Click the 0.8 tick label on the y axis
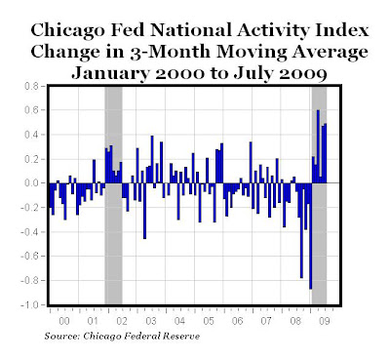[31, 87]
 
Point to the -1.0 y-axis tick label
[29, 305]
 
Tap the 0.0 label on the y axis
[31, 183]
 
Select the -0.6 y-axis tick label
[29, 257]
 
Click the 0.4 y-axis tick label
[31, 135]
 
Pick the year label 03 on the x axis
[151, 321]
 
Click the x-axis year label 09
[324, 321]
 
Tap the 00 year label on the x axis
[64, 321]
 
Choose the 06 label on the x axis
[238, 321]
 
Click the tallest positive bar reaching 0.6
[318, 146]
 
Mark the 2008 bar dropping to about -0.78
[301, 230]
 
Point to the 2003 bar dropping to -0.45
[144, 211]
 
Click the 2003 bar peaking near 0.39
[152, 159]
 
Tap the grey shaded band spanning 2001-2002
[113, 195]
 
